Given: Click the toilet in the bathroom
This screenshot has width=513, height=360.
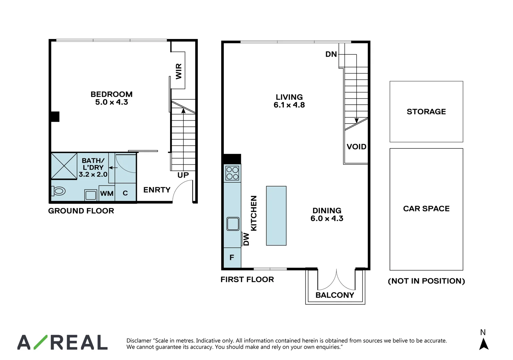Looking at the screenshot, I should click(x=59, y=191).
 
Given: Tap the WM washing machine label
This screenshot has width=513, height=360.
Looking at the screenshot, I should click(x=107, y=193).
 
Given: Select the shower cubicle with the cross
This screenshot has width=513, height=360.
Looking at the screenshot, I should click(x=64, y=166).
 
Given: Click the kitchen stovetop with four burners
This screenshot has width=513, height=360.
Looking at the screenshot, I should click(x=232, y=173).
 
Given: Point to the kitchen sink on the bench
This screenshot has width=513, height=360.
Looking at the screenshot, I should click(x=233, y=224).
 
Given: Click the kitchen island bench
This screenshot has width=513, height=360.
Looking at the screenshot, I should click(x=276, y=216).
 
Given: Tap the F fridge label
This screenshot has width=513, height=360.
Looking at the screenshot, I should click(x=232, y=257).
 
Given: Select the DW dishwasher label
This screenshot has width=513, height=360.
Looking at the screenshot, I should click(x=246, y=239).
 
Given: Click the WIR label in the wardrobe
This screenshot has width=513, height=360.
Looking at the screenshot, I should click(x=179, y=71).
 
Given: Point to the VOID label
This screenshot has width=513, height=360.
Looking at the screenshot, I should click(x=356, y=147).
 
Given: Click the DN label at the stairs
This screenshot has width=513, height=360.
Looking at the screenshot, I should click(x=331, y=54).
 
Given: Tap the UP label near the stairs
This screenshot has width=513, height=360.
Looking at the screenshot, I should click(x=183, y=175).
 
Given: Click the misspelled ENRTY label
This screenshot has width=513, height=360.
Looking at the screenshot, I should click(x=157, y=190).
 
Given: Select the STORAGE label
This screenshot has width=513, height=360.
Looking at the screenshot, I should click(x=426, y=112).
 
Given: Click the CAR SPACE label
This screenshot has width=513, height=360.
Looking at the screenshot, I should click(x=426, y=209).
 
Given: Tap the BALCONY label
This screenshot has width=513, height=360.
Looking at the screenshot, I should click(x=335, y=295).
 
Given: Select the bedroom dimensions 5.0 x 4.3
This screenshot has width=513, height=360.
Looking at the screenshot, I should click(x=111, y=102).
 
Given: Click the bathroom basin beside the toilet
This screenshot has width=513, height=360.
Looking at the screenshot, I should click(x=90, y=195).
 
